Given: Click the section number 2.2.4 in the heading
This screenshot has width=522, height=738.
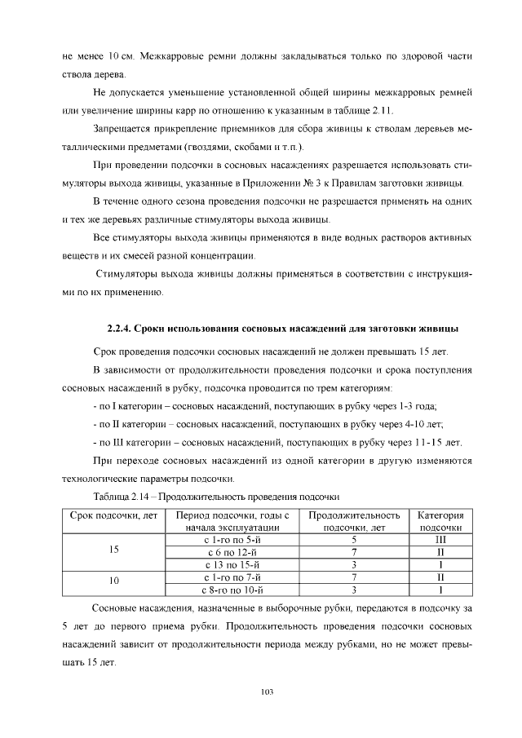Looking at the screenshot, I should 120,329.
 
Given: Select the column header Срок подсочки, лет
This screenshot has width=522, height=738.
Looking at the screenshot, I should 113,515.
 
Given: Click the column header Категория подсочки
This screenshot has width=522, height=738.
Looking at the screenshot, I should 440,521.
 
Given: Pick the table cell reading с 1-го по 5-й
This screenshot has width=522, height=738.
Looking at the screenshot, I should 232,539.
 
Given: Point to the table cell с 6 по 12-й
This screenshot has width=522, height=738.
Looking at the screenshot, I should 232,551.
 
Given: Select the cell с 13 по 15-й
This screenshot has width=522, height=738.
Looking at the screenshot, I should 232,563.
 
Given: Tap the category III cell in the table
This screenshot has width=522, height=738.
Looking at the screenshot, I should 440,539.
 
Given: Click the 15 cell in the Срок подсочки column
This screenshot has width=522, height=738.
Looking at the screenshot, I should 113,551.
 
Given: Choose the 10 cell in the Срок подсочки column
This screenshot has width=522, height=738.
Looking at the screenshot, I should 113,582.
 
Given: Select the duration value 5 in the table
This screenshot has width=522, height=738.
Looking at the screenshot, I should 354,539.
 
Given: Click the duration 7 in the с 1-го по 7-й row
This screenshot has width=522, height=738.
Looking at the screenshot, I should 354,576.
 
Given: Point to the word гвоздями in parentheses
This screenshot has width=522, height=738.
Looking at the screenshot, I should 210,147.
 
